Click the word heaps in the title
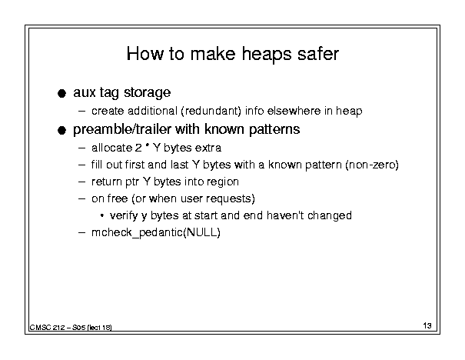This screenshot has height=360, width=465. [x=266, y=55]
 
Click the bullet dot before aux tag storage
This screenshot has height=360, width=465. [x=61, y=94]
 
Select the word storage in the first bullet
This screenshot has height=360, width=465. [x=147, y=92]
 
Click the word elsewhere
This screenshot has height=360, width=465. [x=294, y=111]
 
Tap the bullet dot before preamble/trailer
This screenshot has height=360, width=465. [x=61, y=130]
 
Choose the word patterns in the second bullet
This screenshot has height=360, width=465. [x=274, y=130]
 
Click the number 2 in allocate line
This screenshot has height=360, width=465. [x=138, y=148]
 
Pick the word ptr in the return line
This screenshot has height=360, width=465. [x=132, y=182]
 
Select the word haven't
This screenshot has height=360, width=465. [x=285, y=215]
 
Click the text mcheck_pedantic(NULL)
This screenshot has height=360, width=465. [x=156, y=232]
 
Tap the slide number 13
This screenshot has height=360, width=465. [x=427, y=325]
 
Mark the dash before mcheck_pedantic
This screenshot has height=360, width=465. [x=81, y=232]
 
